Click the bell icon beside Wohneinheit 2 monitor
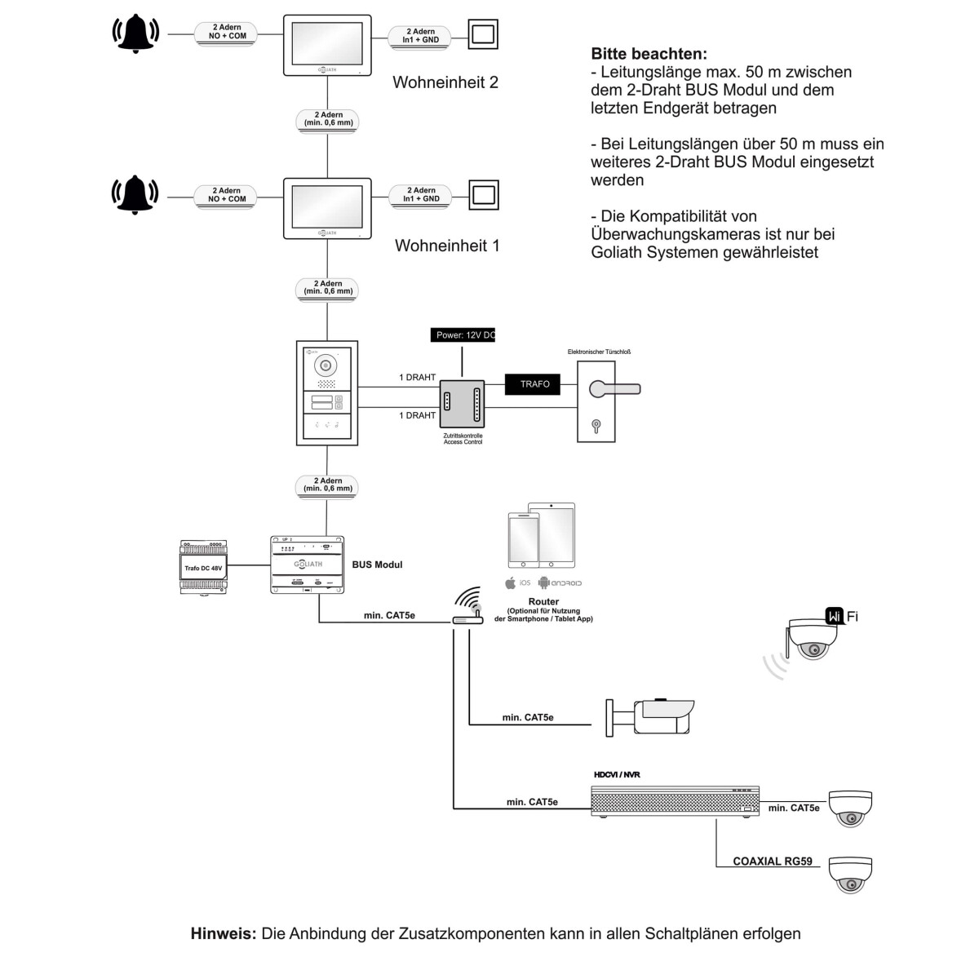click(x=135, y=34)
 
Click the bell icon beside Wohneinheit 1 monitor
click(x=135, y=196)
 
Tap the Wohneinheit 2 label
click(x=445, y=82)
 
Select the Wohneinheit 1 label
click(x=446, y=246)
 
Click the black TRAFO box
click(x=534, y=383)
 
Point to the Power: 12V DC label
click(x=463, y=335)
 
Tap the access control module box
click(x=463, y=404)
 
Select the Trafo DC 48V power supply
click(x=202, y=566)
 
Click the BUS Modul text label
click(x=377, y=565)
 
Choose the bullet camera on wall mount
click(x=653, y=715)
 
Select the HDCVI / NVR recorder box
click(x=675, y=800)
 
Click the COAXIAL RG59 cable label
click(x=772, y=861)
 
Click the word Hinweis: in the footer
click(x=224, y=933)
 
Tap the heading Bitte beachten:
click(x=649, y=55)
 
